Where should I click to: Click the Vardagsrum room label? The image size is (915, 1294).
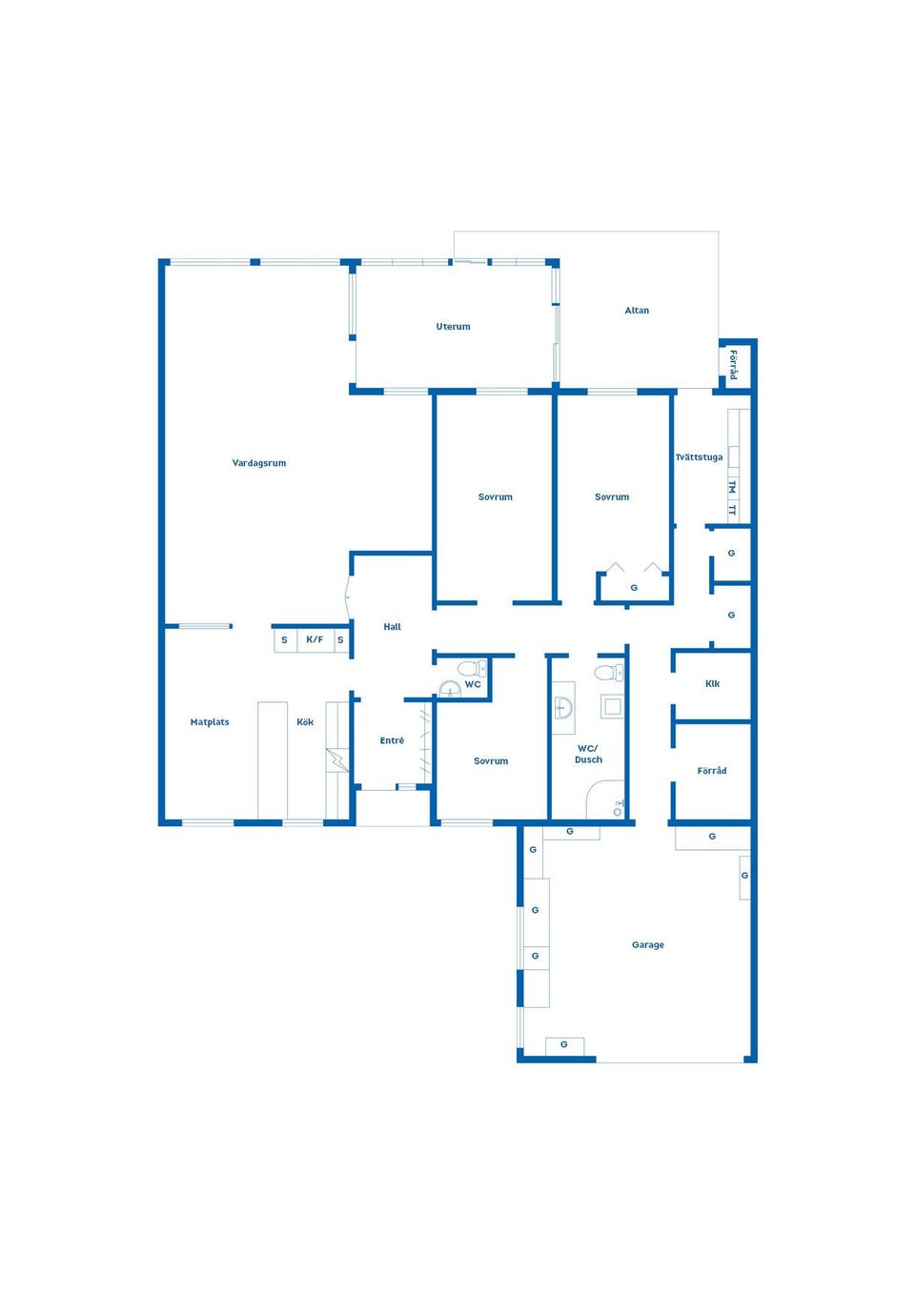pos(259,463)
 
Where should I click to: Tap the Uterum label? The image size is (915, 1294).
pos(453,327)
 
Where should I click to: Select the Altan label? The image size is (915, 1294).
pos(637,311)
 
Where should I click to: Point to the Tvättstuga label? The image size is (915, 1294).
pos(699,457)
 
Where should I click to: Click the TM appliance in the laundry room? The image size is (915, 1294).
pos(732,487)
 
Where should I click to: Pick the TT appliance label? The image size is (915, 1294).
pos(732,510)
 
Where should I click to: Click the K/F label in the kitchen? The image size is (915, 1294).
pos(315,639)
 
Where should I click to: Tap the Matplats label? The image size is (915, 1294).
pos(210,722)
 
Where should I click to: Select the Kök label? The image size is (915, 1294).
pos(305,722)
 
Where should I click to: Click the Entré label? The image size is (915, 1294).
pos(392,740)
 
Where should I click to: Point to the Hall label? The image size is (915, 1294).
pos(393,626)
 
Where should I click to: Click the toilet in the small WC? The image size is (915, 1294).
pos(472,669)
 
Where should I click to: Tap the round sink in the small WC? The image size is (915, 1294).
pos(450,689)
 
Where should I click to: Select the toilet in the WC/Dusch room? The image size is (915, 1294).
pos(608,672)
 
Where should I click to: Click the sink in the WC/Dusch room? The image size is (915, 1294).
pos(563,707)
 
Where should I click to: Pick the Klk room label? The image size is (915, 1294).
pos(712,683)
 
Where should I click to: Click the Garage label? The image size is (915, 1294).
pos(647,944)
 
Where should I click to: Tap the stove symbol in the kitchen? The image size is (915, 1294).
pos(337,759)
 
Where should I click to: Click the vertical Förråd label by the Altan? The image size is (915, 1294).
pos(733,365)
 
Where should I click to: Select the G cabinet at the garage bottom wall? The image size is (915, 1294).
pos(564,1044)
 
